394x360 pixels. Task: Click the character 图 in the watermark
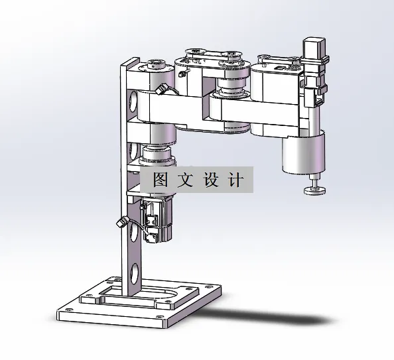pyautogui.click(x=159, y=180)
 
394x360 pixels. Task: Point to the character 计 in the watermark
pyautogui.click(x=235, y=180)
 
